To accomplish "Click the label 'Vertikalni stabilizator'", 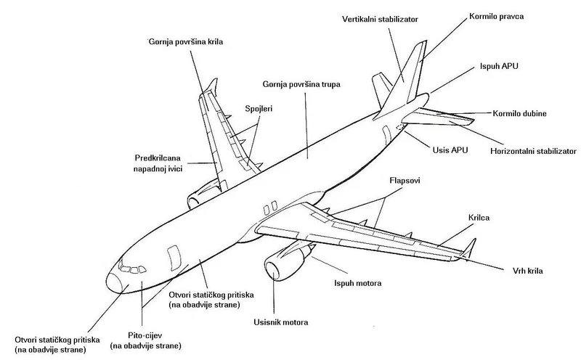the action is click(380, 20).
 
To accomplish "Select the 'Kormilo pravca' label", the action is click(496, 16).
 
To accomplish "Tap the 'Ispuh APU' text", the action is click(499, 66).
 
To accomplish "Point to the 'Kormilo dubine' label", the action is click(519, 114).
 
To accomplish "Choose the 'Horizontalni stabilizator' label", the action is click(533, 151).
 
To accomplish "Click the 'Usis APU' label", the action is click(450, 150).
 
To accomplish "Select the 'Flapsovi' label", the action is click(405, 181).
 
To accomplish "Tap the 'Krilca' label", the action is click(479, 218).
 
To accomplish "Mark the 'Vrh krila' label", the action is click(528, 271).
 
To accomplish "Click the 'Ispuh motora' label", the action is click(357, 283).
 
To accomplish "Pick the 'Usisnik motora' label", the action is click(280, 322).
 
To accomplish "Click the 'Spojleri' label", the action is click(259, 109).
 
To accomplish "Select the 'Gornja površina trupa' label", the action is click(301, 84).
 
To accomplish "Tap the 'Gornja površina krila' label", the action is click(186, 42).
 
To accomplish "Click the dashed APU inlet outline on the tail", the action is click(400, 128).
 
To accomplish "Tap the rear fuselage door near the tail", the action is click(387, 136).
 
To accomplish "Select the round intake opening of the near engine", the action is click(273, 271).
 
